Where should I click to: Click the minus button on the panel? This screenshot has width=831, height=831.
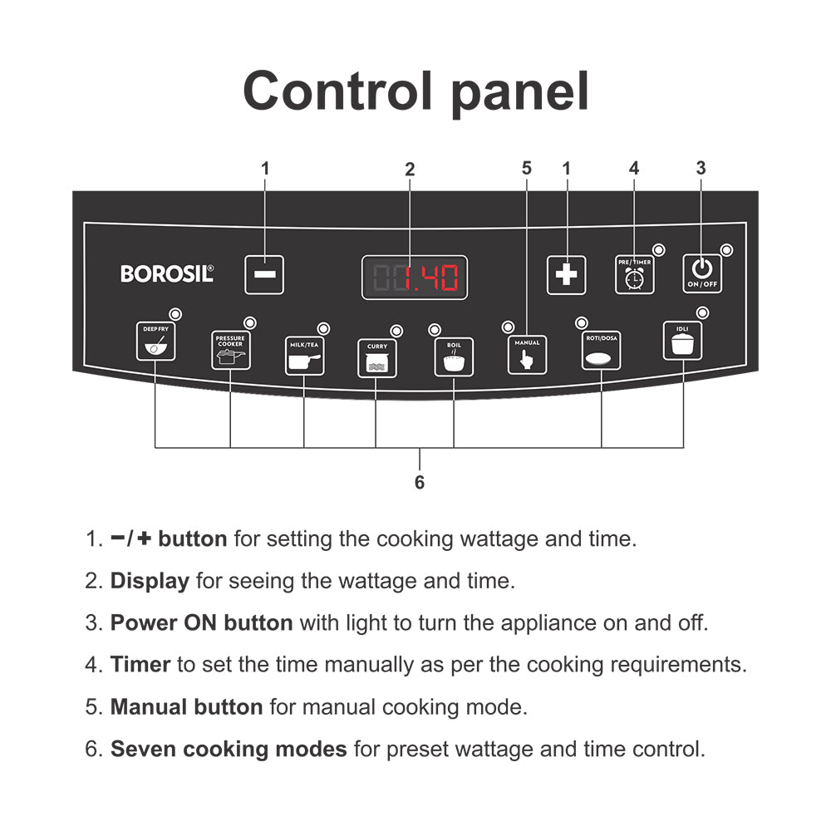point(264,275)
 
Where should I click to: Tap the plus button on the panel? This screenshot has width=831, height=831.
point(566,275)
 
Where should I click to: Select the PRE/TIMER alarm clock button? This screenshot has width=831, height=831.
point(634,275)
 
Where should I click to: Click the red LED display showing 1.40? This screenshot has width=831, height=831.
point(414,278)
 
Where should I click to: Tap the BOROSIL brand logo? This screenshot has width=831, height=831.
point(167,273)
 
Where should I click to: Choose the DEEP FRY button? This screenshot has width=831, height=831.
point(155,342)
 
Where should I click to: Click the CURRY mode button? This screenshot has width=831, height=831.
point(376,358)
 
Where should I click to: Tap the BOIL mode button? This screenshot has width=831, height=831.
point(454,357)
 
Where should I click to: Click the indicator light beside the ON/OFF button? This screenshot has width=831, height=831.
point(726,250)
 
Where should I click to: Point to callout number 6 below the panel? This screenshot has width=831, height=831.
point(420,482)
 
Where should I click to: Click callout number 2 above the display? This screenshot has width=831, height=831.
point(409,169)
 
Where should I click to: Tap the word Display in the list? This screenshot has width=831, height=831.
point(150,581)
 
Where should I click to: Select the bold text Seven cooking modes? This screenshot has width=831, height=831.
point(229,749)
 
